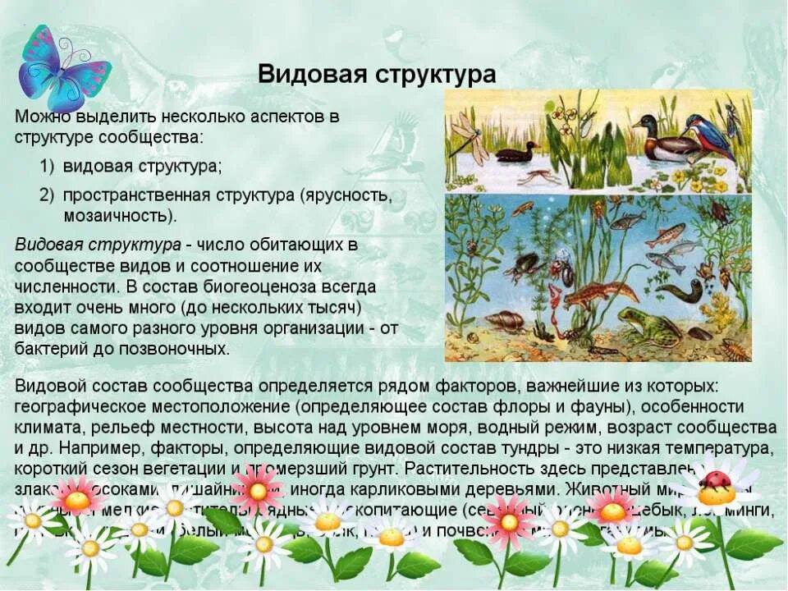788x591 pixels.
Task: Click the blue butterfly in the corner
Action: (61, 67)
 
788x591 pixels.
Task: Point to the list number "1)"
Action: (47, 166)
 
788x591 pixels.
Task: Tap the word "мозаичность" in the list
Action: (117, 216)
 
